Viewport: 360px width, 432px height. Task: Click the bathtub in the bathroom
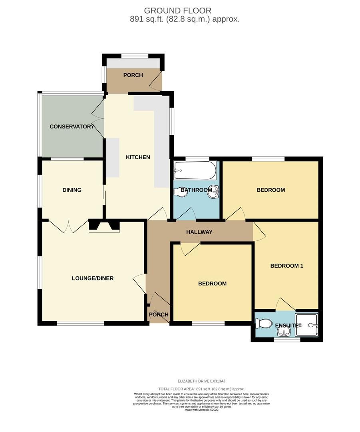pos(195,171)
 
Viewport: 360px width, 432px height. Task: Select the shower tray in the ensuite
pos(309,325)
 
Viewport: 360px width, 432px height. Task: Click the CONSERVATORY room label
pos(72,127)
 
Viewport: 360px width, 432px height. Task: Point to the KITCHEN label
pos(138,157)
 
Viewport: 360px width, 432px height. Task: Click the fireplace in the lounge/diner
pos(104,226)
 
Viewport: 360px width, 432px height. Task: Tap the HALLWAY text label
pos(199,232)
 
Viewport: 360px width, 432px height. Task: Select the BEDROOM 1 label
pos(286,266)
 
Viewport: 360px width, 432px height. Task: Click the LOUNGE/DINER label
pos(93,278)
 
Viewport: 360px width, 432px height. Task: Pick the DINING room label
pos(72,190)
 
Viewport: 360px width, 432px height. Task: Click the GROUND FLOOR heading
pos(177,11)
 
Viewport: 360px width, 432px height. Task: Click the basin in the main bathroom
pos(215,192)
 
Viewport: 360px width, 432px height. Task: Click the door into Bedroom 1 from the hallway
pos(259,232)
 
